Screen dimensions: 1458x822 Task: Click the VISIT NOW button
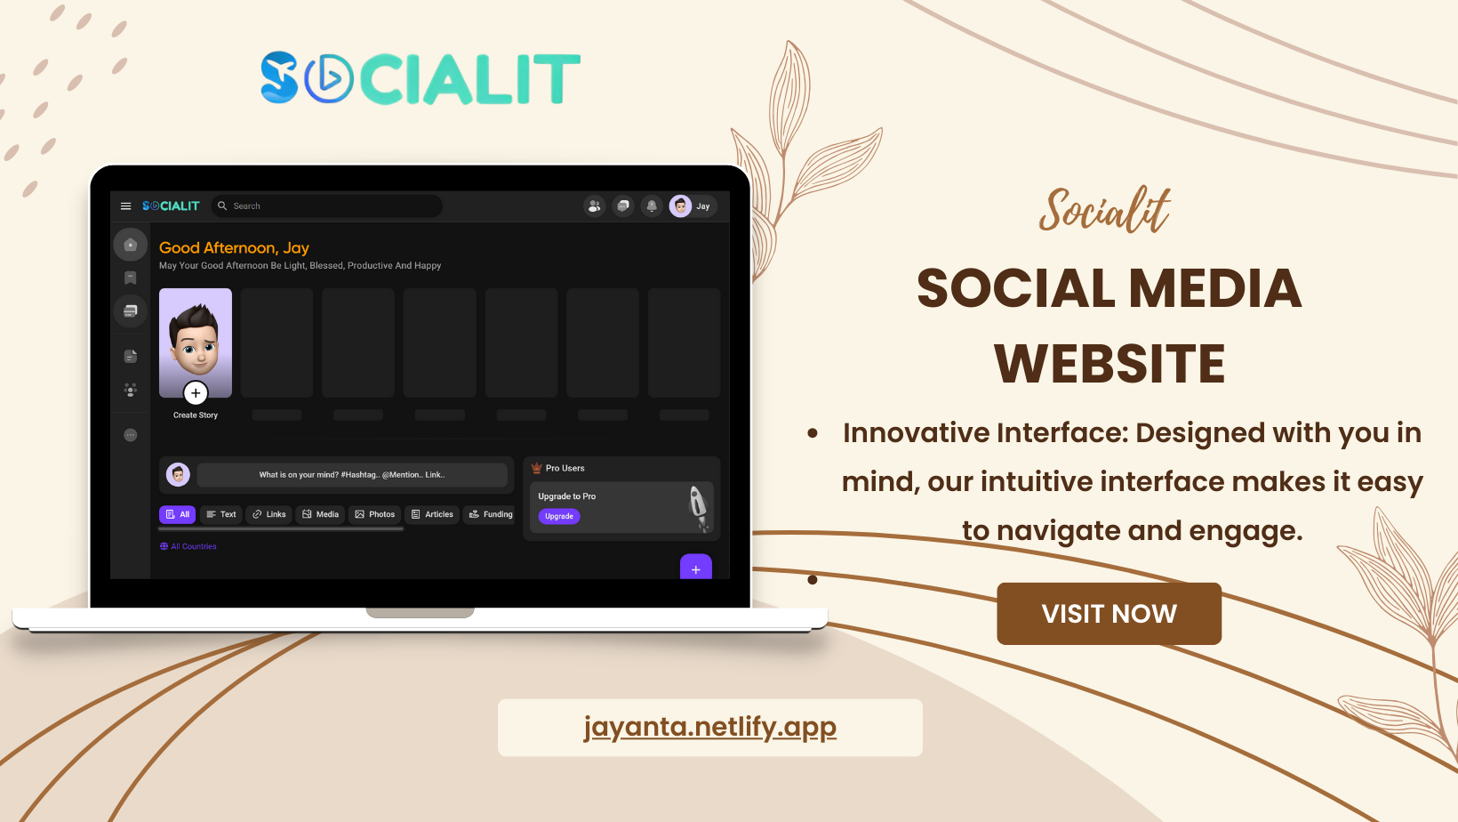pyautogui.click(x=1109, y=614)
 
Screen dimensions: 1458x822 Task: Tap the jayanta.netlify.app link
pyautogui.click(x=709, y=727)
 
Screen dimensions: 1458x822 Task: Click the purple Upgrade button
pyautogui.click(x=559, y=516)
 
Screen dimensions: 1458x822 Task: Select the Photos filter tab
pyautogui.click(x=375, y=514)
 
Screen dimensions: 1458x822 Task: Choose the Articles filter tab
pyautogui.click(x=432, y=514)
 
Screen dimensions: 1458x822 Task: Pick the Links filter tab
pyautogui.click(x=268, y=514)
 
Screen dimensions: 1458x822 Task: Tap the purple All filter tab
pyautogui.click(x=177, y=514)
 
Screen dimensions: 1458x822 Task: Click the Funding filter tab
pyautogui.click(x=490, y=514)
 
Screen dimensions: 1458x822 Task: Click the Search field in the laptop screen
pyautogui.click(x=327, y=205)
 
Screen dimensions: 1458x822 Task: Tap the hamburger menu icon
pyautogui.click(x=125, y=205)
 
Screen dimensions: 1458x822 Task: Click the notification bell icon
pyautogui.click(x=652, y=205)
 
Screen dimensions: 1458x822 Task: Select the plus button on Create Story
pyautogui.click(x=196, y=392)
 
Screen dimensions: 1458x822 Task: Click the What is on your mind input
pyautogui.click(x=352, y=475)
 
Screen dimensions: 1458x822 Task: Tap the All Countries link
pyautogui.click(x=188, y=546)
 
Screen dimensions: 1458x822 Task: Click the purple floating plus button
pyautogui.click(x=696, y=567)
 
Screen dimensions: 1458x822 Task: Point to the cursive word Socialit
pyautogui.click(x=1104, y=210)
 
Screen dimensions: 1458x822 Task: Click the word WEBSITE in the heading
pyautogui.click(x=1110, y=364)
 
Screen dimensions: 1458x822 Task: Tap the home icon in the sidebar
pyautogui.click(x=130, y=245)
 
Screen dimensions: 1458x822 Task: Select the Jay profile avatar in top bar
pyautogui.click(x=680, y=205)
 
